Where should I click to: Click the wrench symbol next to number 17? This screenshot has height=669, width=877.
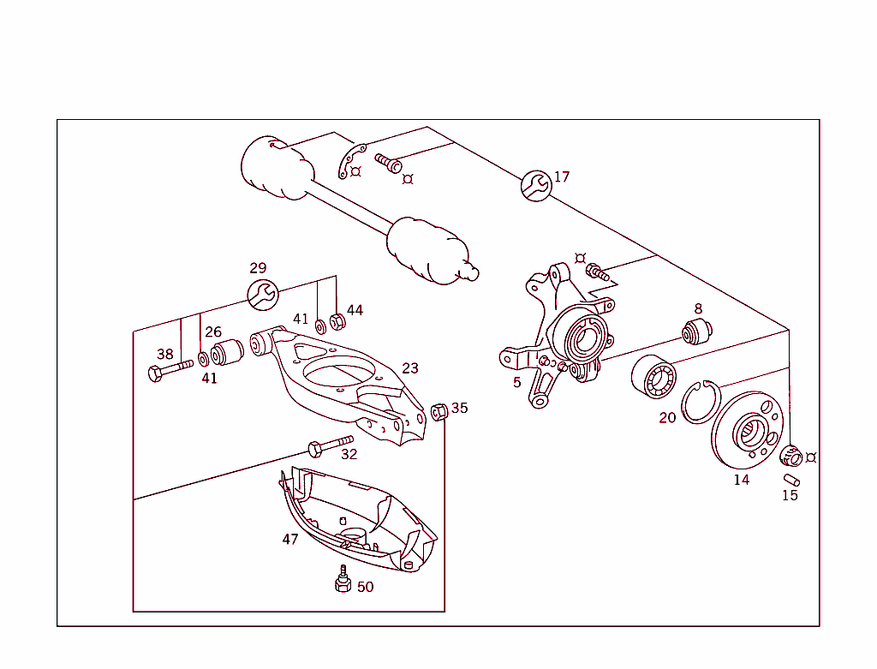pyautogui.click(x=535, y=185)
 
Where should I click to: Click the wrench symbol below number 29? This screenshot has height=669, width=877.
pyautogui.click(x=262, y=294)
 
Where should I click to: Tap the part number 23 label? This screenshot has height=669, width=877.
pyautogui.click(x=410, y=368)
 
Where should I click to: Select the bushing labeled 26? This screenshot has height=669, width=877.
pyautogui.click(x=228, y=352)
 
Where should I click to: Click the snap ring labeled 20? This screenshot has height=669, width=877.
pyautogui.click(x=701, y=401)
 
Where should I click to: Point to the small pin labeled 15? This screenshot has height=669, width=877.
pyautogui.click(x=790, y=478)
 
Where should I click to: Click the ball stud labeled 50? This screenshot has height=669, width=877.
pyautogui.click(x=343, y=580)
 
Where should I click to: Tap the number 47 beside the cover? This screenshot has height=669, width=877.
pyautogui.click(x=290, y=539)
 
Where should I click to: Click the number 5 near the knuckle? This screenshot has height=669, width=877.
pyautogui.click(x=516, y=382)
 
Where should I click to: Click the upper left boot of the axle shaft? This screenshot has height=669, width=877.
pyautogui.click(x=272, y=169)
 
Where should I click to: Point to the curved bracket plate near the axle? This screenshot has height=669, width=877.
pyautogui.click(x=350, y=161)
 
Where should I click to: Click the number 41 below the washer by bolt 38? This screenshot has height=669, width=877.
pyautogui.click(x=209, y=378)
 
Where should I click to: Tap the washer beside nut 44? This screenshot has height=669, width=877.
pyautogui.click(x=320, y=326)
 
